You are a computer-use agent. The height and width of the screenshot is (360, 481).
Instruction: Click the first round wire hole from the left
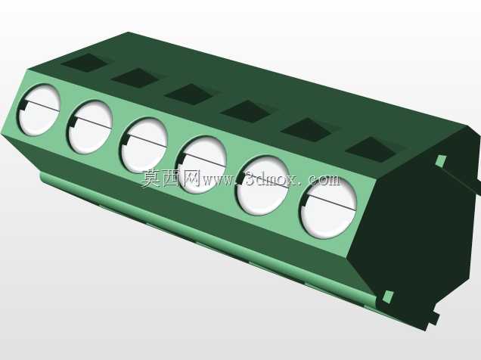click(39, 110)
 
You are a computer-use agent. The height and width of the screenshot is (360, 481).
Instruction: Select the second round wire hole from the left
click(90, 127)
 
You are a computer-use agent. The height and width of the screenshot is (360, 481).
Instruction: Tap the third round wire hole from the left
click(144, 145)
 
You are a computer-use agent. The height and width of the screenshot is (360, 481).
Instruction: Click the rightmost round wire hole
click(329, 208)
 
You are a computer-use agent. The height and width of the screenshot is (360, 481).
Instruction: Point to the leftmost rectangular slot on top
click(85, 63)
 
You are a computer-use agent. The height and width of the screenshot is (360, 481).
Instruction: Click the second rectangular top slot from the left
click(135, 78)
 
